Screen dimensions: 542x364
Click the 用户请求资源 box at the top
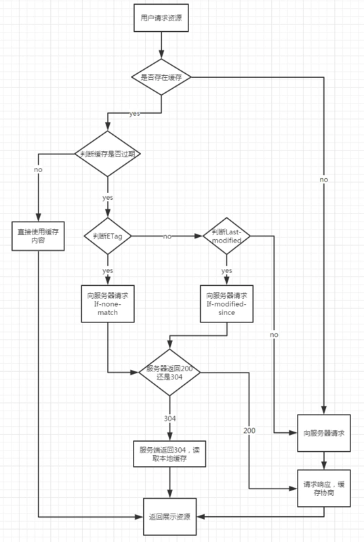[161, 21]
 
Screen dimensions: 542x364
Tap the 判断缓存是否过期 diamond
[108, 154]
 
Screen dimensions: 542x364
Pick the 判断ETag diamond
[108, 236]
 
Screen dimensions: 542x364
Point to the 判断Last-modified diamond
[227, 236]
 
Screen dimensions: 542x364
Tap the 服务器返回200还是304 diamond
[170, 372]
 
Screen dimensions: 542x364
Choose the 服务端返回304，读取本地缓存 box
[170, 454]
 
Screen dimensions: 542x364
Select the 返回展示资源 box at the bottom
[170, 516]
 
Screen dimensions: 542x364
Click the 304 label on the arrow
[170, 419]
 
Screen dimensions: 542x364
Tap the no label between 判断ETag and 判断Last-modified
[167, 236]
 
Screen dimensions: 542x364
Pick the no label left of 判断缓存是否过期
[38, 169]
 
